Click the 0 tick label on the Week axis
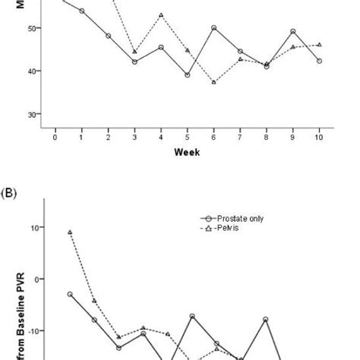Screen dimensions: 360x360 55,137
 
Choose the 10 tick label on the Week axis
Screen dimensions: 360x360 319,137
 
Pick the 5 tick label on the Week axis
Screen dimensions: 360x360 187,137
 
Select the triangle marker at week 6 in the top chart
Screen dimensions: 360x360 213,82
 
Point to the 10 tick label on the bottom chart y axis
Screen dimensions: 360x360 35,227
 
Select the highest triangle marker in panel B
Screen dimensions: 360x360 70,232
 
